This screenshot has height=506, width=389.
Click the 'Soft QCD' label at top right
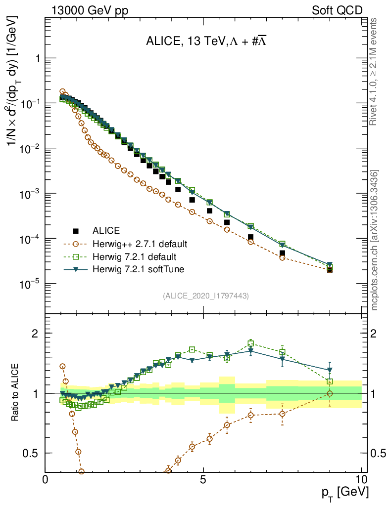coord(337,9)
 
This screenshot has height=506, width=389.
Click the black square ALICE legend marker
coord(76,231)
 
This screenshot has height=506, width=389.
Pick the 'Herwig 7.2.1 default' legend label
coord(135,257)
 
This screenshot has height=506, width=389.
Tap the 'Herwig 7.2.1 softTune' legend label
coord(137,270)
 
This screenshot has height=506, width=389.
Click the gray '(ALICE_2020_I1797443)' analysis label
coord(205,295)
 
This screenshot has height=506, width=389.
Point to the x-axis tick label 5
coord(203,480)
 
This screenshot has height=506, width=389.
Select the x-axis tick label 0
coord(46,480)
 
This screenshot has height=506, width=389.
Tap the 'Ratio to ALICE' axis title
coord(16,393)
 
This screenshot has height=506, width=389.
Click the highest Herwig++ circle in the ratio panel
coord(62,366)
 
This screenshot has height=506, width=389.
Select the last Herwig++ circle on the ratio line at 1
coord(330,393)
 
